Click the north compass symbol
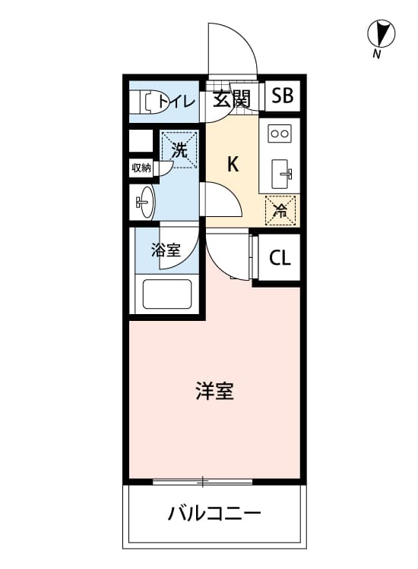tap(381, 33)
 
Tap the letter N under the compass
tap(376, 54)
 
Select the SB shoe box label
tap(282, 96)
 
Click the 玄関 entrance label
tap(232, 99)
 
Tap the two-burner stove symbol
tap(280, 134)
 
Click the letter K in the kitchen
tap(233, 165)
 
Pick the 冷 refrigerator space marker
tap(280, 210)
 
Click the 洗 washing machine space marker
tap(179, 150)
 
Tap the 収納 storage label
tap(141, 168)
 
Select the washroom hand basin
tap(144, 202)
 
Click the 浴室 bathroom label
tap(166, 250)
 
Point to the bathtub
tap(167, 294)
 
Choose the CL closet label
tap(280, 258)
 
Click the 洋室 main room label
tap(214, 391)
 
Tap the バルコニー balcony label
tap(214, 513)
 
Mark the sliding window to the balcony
tap(202, 482)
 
